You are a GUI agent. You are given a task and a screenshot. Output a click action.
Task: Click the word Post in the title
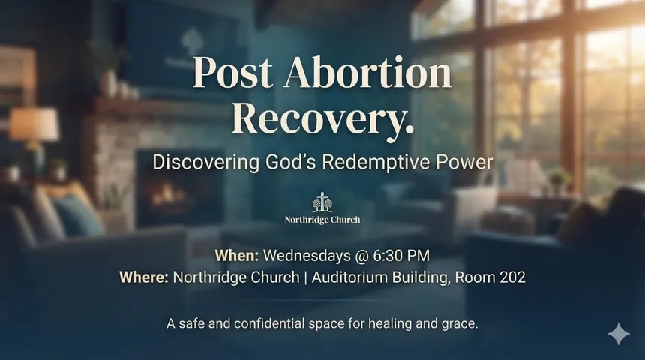(x=232, y=72)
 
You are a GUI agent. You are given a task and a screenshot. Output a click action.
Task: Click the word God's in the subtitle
(x=291, y=162)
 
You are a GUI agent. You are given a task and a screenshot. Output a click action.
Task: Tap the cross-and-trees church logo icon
(x=322, y=202)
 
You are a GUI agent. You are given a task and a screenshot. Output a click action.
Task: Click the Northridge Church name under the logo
(x=322, y=220)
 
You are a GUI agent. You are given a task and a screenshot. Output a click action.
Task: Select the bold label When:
(x=237, y=256)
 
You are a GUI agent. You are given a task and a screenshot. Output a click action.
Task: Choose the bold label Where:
(x=144, y=277)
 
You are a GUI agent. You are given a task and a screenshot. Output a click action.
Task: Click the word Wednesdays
(x=307, y=256)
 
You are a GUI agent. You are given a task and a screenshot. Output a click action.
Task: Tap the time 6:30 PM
(x=401, y=256)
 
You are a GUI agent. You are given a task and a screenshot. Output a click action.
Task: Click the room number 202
(x=512, y=277)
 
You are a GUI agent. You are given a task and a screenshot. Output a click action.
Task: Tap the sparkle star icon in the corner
(x=619, y=334)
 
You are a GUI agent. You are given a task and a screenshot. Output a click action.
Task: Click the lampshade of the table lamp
(x=34, y=124)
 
